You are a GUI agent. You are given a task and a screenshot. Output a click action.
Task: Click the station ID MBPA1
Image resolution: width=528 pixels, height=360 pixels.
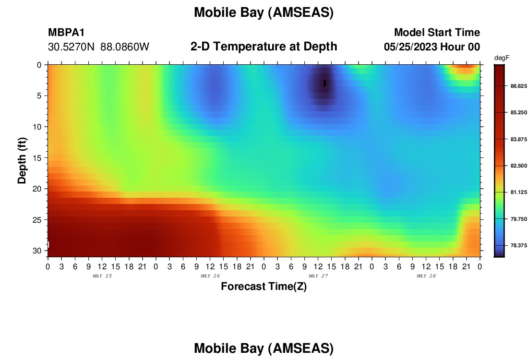coord(66,32)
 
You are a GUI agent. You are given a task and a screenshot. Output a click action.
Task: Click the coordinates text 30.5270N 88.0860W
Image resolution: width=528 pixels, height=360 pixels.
coord(99,47)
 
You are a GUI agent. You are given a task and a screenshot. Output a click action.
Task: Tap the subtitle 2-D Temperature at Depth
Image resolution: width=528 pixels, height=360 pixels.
coord(264,47)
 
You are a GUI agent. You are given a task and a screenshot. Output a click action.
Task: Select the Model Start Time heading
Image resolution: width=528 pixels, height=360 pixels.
coord(437,32)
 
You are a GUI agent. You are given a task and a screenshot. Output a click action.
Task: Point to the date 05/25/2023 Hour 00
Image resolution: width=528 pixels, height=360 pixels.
coord(432,47)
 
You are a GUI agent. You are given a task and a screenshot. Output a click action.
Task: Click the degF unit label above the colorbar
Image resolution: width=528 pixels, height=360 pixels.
coord(502,58)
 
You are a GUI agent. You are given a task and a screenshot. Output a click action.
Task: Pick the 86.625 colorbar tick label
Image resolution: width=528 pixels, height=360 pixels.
coord(518,86)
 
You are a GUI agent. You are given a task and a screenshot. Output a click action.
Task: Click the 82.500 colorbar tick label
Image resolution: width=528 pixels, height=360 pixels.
coord(518,166)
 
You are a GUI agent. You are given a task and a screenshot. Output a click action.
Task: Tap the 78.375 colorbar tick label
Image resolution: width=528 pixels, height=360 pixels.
coord(518,245)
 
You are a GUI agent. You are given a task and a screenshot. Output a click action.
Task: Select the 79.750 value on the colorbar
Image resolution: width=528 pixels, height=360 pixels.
coord(518,219)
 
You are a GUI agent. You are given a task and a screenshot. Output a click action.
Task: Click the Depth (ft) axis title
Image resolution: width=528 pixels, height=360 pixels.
coord(22,160)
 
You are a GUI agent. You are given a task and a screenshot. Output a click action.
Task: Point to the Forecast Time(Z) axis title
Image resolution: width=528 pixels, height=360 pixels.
coord(264,286)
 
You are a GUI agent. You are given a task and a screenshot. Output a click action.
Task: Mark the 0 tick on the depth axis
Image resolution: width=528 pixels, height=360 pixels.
coord(39,65)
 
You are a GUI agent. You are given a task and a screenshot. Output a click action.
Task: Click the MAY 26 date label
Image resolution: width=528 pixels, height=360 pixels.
coord(210,276)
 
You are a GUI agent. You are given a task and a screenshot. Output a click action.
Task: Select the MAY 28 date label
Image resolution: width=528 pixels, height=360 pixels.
coord(426,276)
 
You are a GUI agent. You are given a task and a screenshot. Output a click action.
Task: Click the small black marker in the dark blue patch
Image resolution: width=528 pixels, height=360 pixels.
coord(324,83)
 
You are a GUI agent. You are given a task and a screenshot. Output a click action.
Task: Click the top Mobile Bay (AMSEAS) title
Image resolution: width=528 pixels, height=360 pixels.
coord(264,12)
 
